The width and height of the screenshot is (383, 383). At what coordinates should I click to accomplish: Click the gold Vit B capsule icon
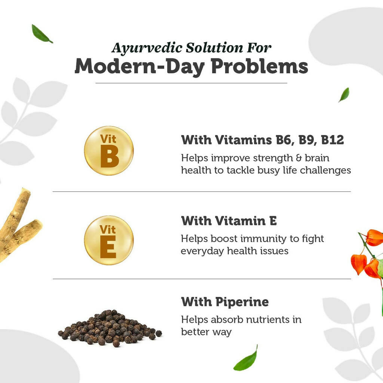point(109,151)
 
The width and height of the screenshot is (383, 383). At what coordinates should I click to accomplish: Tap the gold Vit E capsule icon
point(109,240)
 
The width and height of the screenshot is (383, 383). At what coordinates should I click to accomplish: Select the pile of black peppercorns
point(110,328)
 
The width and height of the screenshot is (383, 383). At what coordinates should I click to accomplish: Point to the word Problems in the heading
point(260,66)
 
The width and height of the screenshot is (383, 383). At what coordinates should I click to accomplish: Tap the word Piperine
point(242,302)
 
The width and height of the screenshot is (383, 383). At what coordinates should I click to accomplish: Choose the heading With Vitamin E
point(229,221)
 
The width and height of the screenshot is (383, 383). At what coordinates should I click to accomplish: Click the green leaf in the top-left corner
point(41,34)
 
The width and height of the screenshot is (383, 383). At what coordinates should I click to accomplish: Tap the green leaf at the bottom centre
point(246,360)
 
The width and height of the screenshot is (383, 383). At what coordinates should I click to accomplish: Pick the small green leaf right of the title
point(344,95)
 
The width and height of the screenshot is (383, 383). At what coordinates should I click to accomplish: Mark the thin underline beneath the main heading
point(191,83)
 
